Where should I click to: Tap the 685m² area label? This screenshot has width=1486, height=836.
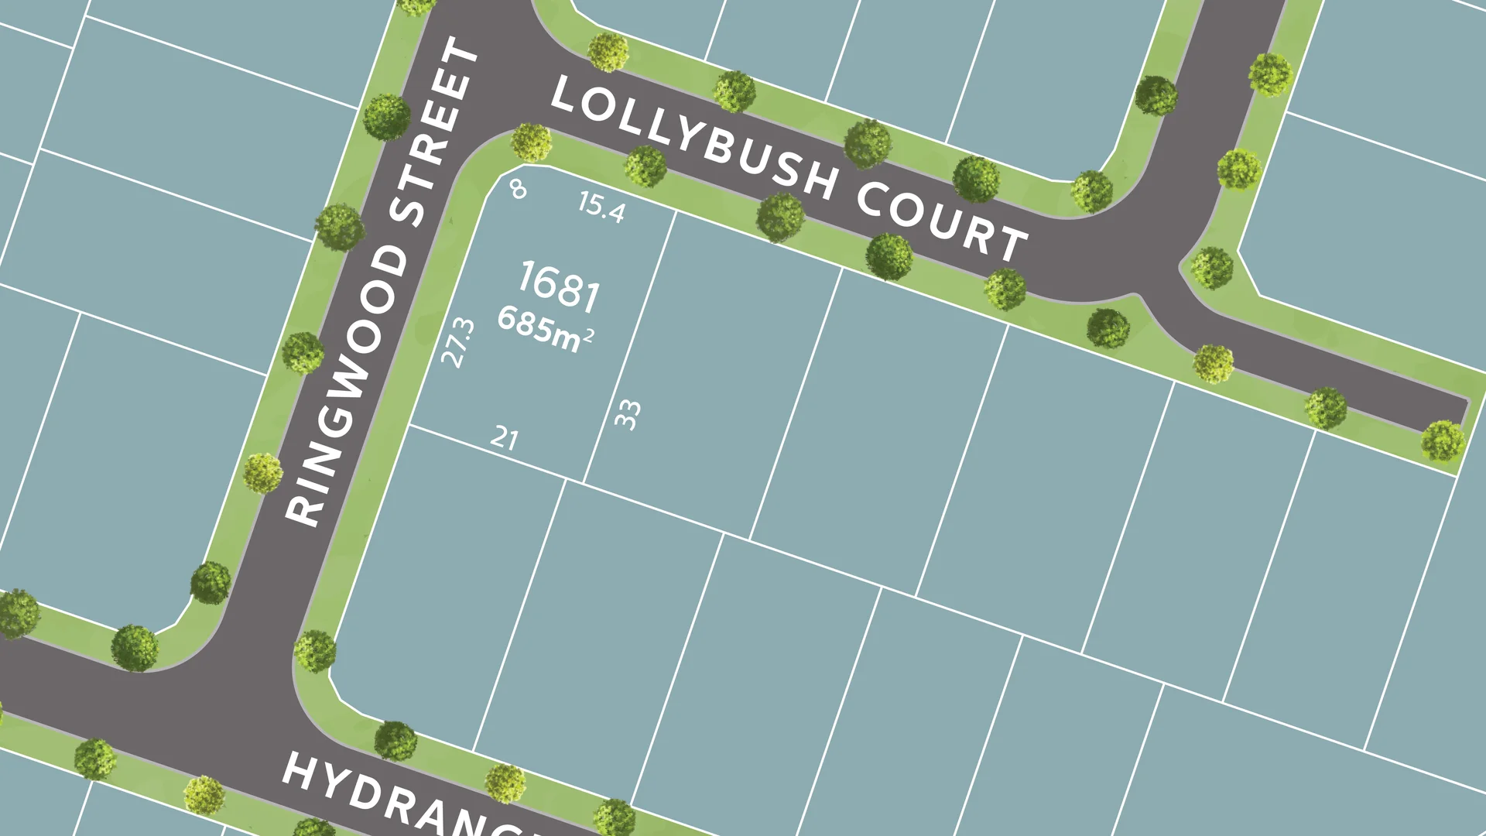[x=545, y=330]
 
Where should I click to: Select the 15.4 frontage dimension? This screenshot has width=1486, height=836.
[x=601, y=207]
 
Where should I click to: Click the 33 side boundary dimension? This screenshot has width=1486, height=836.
[x=627, y=415]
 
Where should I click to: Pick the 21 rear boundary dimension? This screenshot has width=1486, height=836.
[x=504, y=438]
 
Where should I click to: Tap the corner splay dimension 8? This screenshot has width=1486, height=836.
[x=518, y=188]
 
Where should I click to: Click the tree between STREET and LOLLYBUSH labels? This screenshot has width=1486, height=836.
[x=531, y=142]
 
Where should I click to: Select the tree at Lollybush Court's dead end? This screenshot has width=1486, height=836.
[x=1443, y=440]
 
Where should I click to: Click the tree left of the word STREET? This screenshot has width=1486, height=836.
[x=386, y=117]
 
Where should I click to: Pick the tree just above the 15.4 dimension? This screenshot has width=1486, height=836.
[x=645, y=166]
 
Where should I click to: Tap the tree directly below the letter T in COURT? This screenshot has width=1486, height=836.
[x=1005, y=289]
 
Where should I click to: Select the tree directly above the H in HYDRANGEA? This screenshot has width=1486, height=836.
[x=315, y=651]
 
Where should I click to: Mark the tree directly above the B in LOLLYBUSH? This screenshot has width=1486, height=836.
[x=734, y=91]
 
